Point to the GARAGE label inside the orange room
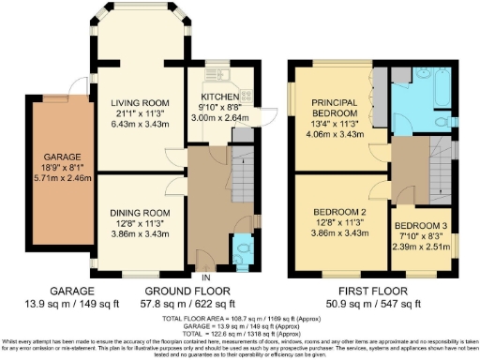[56, 158]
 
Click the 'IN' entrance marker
[205, 277]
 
